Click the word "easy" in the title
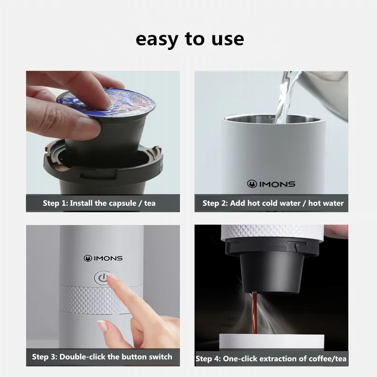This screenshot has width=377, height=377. click(x=157, y=40)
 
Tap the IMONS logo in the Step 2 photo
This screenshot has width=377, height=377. click(x=271, y=184)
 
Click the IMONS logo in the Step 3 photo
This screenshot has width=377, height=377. click(x=103, y=258)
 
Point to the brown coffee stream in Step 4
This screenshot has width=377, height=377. click(x=254, y=312)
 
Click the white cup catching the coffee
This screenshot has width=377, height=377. click(x=272, y=341)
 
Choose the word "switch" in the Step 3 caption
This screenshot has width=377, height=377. click(x=160, y=357)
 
